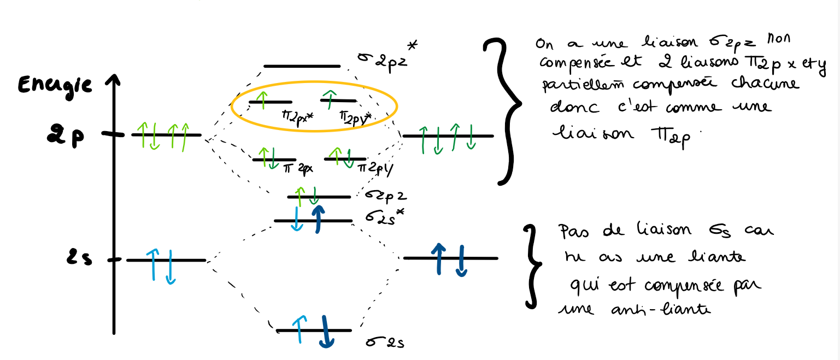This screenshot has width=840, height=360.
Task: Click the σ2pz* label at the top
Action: [x=385, y=56]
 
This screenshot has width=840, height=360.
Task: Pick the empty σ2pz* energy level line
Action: [x=302, y=66]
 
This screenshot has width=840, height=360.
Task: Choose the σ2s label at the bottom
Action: [x=385, y=343]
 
